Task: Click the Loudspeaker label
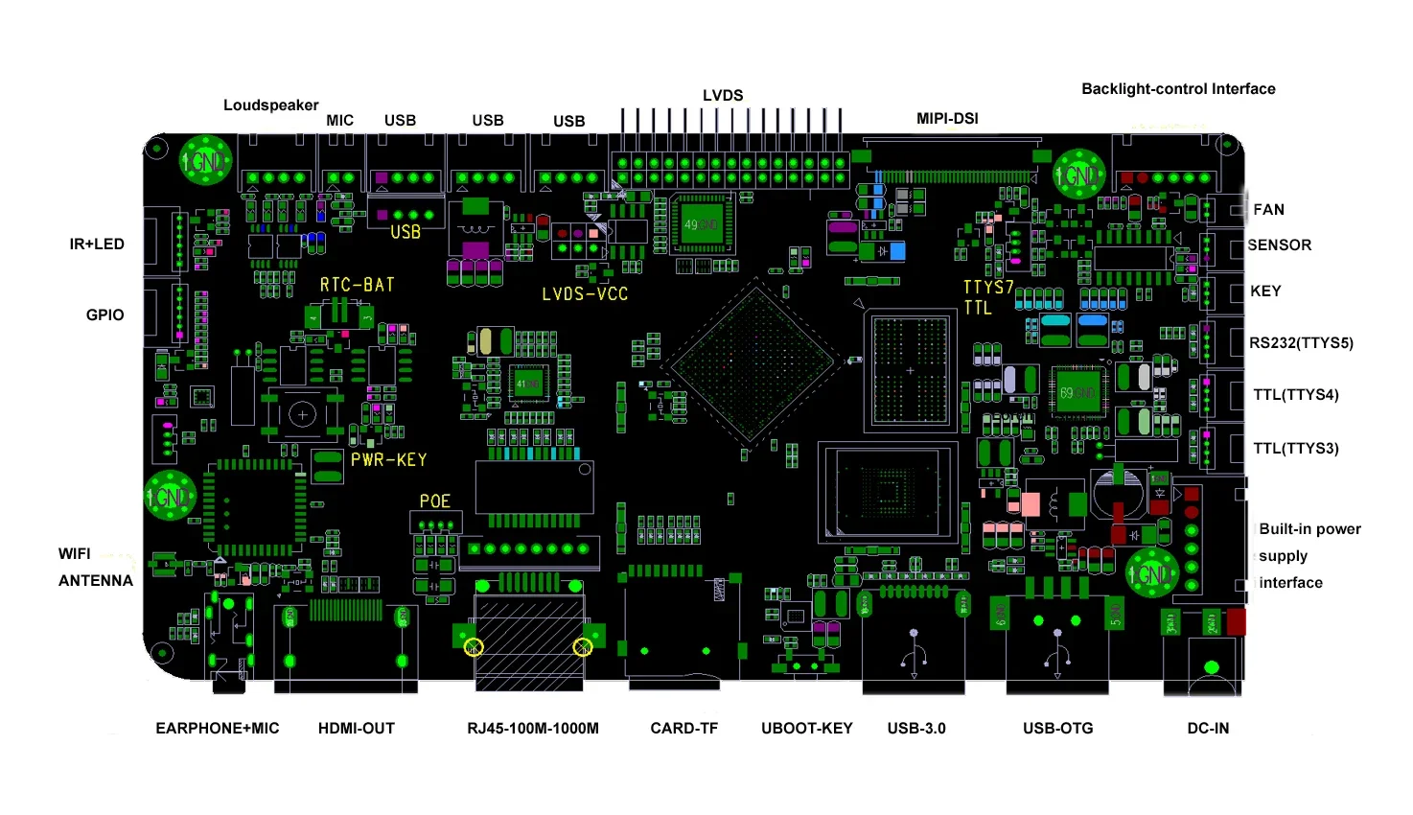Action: point(270,105)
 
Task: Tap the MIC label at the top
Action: point(339,121)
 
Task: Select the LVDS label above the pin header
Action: point(723,96)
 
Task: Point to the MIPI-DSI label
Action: point(947,119)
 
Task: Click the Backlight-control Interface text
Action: point(1178,89)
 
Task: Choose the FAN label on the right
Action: point(1268,210)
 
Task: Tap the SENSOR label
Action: point(1279,245)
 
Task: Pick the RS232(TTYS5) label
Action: point(1301,343)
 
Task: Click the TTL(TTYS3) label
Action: point(1295,449)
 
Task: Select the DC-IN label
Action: point(1208,729)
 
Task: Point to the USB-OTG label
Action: point(1057,729)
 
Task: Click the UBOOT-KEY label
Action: point(806,729)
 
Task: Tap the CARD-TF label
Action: point(683,729)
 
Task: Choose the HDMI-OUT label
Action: point(356,729)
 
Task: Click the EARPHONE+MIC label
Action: point(218,729)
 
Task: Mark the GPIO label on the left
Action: point(104,315)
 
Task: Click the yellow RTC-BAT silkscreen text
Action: point(357,286)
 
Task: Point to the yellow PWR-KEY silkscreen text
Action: point(388,460)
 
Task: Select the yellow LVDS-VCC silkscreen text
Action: point(585,294)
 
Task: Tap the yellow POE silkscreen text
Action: point(434,501)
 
